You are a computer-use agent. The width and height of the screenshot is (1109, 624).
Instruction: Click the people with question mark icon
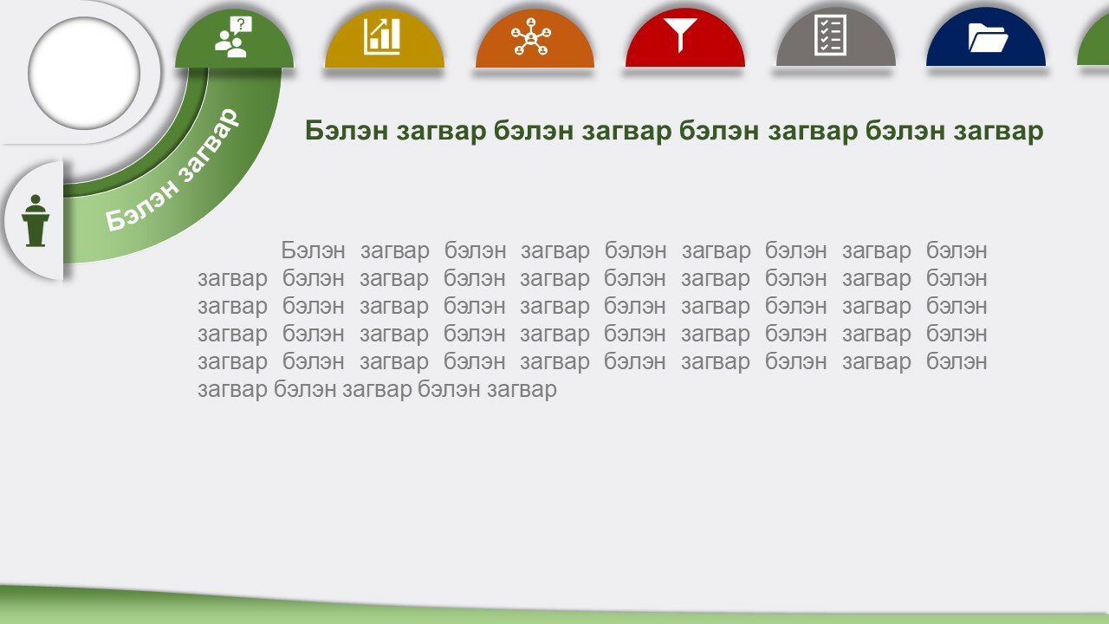[x=234, y=36]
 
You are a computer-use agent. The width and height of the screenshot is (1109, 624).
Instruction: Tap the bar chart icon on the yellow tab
[x=382, y=36]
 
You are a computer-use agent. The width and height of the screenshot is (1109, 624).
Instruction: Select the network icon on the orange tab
[x=531, y=36]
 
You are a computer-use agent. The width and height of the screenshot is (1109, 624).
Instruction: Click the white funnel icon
[x=680, y=35]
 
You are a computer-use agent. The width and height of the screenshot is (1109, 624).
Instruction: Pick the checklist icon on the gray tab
[x=830, y=35]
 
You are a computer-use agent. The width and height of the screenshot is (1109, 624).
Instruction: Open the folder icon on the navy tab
[x=989, y=38]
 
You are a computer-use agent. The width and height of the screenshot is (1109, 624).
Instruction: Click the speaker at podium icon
[x=36, y=221]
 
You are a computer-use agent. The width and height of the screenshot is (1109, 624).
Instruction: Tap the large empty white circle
[x=84, y=74]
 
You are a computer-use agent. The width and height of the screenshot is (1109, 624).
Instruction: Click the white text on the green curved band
[x=172, y=170]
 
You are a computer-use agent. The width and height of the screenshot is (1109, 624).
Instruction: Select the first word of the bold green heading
[x=346, y=131]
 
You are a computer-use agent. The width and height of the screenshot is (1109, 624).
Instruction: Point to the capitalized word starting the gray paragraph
[x=313, y=250]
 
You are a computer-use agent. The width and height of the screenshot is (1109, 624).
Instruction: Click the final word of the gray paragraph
[x=522, y=390]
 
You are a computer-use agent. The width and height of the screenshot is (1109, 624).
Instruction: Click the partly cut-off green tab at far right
[x=1095, y=44]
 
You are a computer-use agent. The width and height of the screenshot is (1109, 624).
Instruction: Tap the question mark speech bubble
[x=241, y=24]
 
